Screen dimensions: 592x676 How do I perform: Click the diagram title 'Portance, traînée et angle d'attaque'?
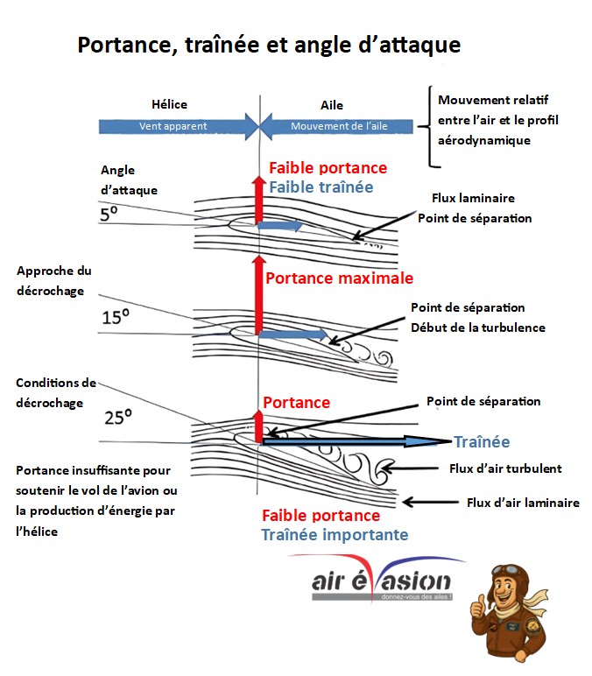tap(269, 45)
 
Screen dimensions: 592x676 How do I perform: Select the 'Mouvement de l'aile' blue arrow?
tap(336, 126)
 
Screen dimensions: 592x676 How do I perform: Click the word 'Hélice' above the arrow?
tap(169, 104)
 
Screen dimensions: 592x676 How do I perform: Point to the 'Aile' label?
tap(332, 105)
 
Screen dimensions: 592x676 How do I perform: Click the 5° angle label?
tap(109, 214)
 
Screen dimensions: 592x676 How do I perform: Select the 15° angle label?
tap(116, 317)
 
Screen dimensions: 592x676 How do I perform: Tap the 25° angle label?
tap(118, 418)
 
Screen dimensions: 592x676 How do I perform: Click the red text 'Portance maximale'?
tap(339, 278)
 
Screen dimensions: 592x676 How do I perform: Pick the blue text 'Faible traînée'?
tap(321, 187)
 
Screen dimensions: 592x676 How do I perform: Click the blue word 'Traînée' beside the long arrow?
tap(482, 442)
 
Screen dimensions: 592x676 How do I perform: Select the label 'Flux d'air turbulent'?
tap(505, 468)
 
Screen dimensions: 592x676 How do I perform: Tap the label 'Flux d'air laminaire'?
tap(523, 503)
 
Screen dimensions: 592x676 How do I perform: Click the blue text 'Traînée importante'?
tap(335, 535)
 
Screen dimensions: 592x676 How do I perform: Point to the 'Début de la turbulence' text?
tap(478, 327)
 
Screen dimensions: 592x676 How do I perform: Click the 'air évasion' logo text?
tap(381, 581)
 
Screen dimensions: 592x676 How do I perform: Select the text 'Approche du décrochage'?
tap(54, 281)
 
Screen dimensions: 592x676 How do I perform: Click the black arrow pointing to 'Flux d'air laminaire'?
tap(430, 502)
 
